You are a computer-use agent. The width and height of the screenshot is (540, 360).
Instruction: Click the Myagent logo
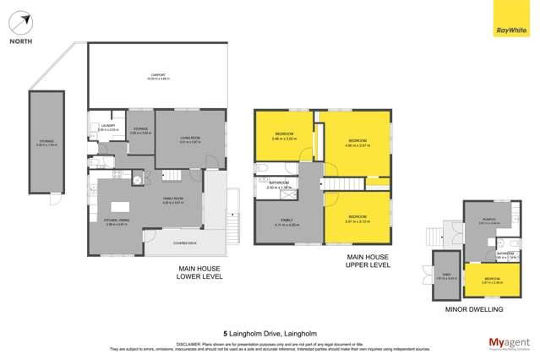pos(510,343)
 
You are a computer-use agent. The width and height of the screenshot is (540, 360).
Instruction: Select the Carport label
pos(158,76)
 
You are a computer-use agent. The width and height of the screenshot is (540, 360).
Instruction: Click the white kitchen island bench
pos(120,206)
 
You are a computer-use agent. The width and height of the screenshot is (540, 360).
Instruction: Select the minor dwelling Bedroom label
pos(491,280)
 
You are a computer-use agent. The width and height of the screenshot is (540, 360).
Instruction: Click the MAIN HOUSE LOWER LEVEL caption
pos(199,272)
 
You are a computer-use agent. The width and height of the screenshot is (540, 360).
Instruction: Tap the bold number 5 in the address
pos(225,334)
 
